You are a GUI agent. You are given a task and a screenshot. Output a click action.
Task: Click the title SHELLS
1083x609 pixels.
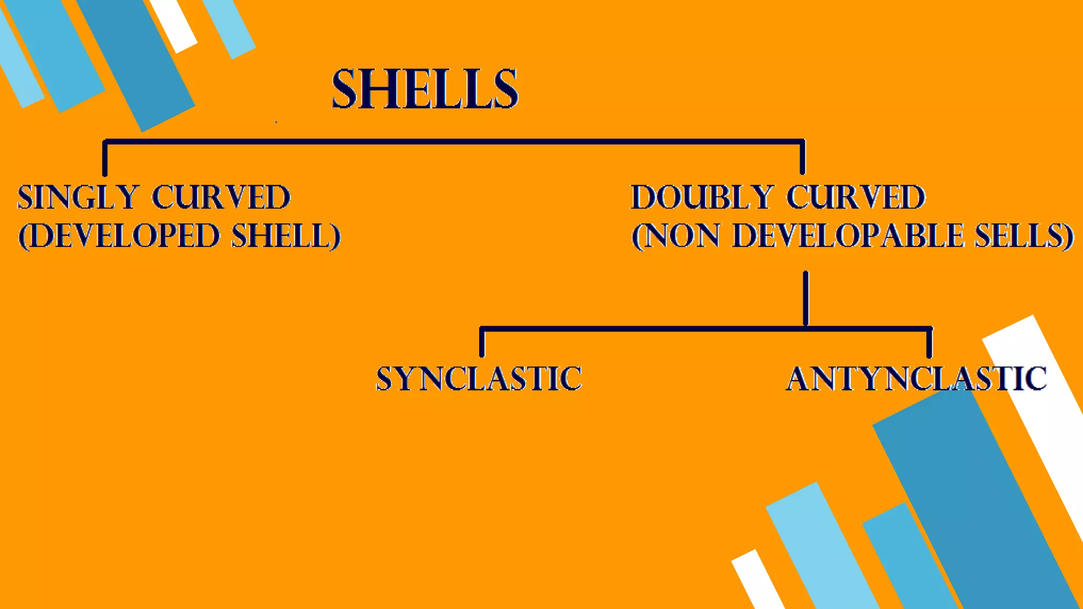425,89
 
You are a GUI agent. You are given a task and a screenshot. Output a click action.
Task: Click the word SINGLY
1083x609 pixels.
78,197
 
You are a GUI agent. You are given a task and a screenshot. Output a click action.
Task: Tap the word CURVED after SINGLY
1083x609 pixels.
221,197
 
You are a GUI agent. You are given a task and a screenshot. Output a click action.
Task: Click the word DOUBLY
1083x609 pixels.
702,197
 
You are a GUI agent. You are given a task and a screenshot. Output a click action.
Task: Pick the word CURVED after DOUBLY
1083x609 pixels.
856,197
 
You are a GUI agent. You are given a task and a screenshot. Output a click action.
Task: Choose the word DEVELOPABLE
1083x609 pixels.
848,236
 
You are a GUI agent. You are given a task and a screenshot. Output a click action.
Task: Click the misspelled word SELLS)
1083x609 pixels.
1024,236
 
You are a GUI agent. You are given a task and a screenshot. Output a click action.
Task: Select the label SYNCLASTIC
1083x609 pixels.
479,379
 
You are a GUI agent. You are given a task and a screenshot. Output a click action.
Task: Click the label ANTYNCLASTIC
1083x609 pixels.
916,379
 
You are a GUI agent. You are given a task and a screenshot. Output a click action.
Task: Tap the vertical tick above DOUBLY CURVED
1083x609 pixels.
802,158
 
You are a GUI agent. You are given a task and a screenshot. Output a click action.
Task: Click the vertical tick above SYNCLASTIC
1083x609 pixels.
482,343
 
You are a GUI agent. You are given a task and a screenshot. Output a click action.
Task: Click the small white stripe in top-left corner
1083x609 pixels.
173,24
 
